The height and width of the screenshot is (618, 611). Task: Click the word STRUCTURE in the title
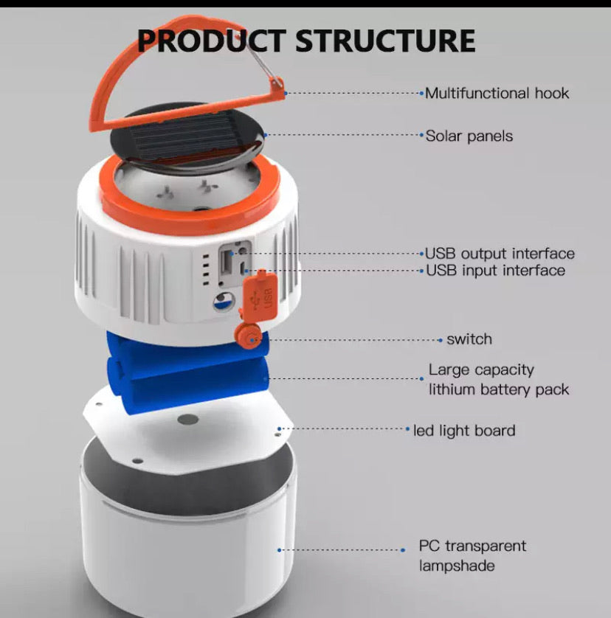(385, 41)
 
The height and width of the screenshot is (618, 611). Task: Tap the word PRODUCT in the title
(211, 41)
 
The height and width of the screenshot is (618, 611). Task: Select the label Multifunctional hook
(497, 94)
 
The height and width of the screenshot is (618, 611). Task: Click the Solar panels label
(469, 136)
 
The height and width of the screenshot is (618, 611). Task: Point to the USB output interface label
(500, 254)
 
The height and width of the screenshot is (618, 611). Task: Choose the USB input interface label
(495, 271)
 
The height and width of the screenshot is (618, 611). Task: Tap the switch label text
(469, 339)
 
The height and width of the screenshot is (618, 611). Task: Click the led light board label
(464, 431)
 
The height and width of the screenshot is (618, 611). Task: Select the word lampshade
(457, 566)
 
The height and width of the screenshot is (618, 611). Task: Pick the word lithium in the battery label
(452, 389)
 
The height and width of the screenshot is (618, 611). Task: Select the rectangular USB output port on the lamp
(227, 261)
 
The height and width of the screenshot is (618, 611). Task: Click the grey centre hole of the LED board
(187, 420)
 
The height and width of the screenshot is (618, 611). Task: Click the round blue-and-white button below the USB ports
(224, 302)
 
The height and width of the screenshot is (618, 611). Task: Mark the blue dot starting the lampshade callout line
(279, 550)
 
